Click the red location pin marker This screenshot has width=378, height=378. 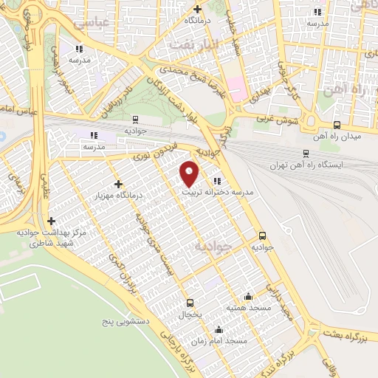tap(190, 173)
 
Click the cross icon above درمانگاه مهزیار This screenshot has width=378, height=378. tap(119, 184)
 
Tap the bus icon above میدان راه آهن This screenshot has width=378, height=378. tap(337, 125)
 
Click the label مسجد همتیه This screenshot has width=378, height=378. tap(247, 306)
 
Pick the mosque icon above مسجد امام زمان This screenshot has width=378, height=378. tap(218, 330)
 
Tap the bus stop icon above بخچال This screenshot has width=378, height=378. tap(190, 303)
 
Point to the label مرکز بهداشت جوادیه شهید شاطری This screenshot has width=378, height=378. tap(50, 238)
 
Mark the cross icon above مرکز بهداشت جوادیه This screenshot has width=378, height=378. tap(51, 221)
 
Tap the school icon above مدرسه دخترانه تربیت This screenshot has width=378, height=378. tap(217, 181)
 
